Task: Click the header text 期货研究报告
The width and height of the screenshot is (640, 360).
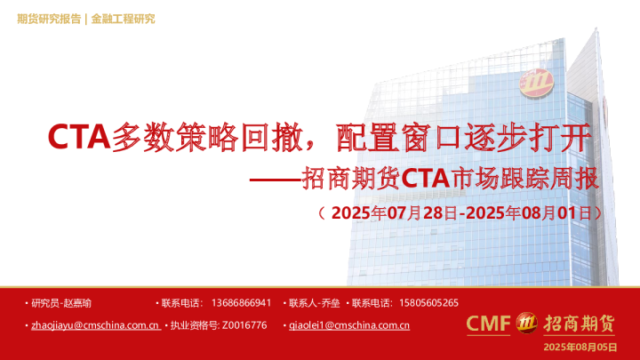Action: coord(49,19)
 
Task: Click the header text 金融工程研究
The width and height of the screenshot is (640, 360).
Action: coord(123,19)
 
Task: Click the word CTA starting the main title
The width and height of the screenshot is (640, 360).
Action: coord(78,137)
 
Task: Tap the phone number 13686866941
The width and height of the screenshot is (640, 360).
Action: coord(242,303)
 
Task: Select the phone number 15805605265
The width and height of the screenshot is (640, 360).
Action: coord(429,303)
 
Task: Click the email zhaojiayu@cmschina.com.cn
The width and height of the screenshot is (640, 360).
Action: coord(95,325)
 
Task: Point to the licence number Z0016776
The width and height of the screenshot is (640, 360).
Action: coord(244,325)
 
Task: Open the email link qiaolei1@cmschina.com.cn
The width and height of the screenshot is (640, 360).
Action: coord(349,325)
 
